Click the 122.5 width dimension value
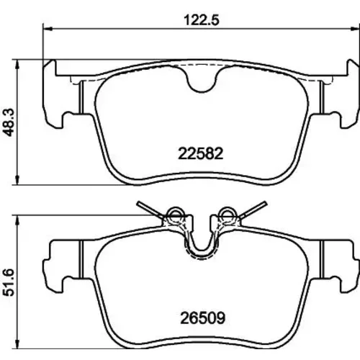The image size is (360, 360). (x=202, y=20)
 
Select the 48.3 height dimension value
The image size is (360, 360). (x=9, y=122)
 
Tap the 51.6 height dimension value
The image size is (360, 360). (x=9, y=282)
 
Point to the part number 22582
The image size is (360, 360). (x=201, y=154)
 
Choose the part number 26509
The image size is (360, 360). (x=203, y=318)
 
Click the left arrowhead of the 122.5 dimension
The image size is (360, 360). (x=48, y=29)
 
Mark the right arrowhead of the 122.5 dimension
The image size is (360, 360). (x=355, y=29)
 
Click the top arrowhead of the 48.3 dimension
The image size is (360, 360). (x=17, y=64)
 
